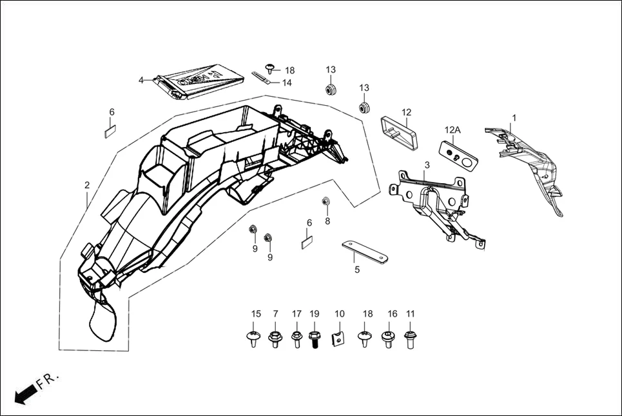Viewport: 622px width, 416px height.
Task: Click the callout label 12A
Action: click(x=452, y=130)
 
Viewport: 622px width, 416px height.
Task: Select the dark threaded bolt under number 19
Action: click(x=315, y=339)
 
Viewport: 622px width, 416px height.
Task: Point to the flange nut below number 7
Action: click(x=275, y=338)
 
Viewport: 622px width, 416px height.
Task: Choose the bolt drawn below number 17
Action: click(x=296, y=338)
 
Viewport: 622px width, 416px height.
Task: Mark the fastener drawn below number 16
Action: click(x=388, y=339)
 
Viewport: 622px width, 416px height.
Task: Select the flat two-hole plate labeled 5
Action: click(x=364, y=252)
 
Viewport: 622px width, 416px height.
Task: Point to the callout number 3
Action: click(x=427, y=166)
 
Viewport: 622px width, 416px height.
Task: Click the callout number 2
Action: click(x=87, y=185)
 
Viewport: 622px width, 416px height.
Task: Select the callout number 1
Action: click(x=514, y=118)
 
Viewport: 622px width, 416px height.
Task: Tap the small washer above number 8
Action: click(x=326, y=201)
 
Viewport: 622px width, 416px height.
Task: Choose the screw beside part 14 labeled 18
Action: click(x=270, y=67)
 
